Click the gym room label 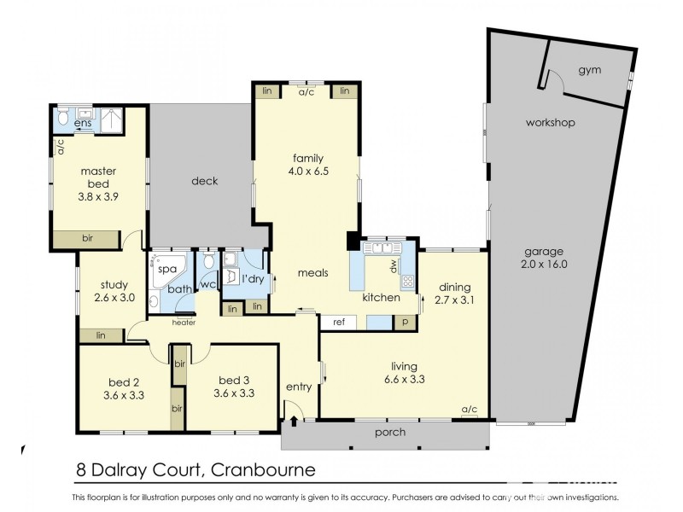pos(589,70)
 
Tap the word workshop pos(550,123)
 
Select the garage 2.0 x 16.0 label pos(544,258)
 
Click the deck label pos(204,181)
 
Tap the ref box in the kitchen pos(339,323)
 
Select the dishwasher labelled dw pos(394,267)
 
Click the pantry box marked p pos(406,323)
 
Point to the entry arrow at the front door pos(294,419)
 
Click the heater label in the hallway pos(184,323)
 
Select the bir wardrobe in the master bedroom pos(87,238)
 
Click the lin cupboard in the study pos(100,335)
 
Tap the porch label pos(390,433)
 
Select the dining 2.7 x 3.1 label pos(454,294)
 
